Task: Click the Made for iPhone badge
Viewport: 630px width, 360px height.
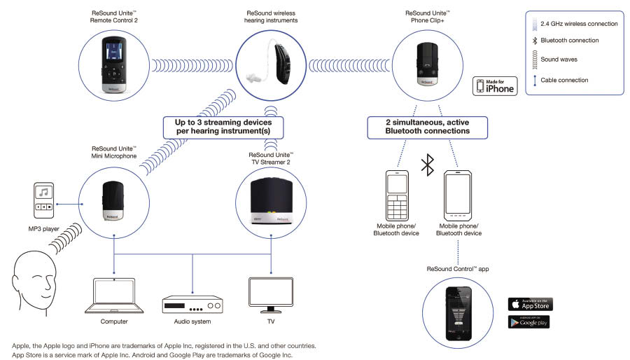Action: tap(495, 85)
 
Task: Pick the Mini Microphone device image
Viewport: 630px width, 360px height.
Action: tap(113, 203)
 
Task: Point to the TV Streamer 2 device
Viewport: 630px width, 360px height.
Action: tap(271, 202)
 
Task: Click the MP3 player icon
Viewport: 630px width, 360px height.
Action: tap(43, 201)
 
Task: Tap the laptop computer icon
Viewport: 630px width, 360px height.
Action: tap(113, 296)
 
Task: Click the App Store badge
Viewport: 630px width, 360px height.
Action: tap(530, 304)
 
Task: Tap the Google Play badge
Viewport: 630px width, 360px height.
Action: tap(529, 322)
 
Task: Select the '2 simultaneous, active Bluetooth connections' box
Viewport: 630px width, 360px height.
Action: tap(428, 127)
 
